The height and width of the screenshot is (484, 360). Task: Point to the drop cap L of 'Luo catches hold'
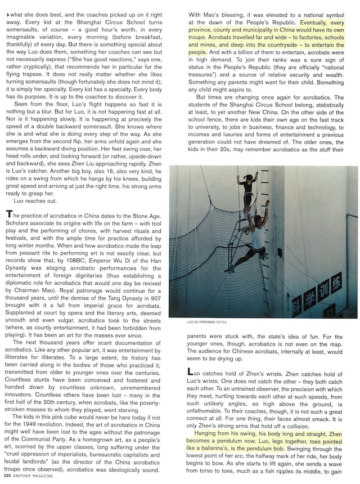pyautogui.click(x=189, y=372)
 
